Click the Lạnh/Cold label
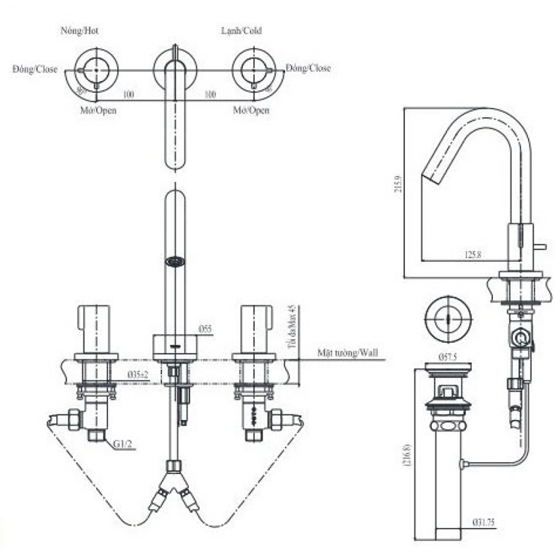point(241,31)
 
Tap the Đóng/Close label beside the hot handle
point(34,69)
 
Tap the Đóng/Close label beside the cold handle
point(307,68)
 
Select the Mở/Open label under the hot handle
point(97,110)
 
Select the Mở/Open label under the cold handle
point(250,110)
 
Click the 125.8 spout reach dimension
point(472,255)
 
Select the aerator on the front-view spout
point(174,262)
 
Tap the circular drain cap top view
point(448,315)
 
